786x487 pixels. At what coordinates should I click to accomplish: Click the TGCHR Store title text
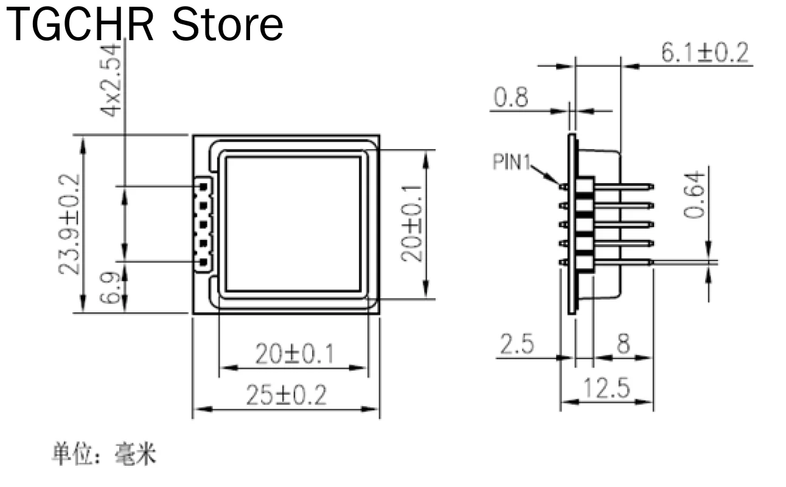145,25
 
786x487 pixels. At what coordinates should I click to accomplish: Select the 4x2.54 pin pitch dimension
111,80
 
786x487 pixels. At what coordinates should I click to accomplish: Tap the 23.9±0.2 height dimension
69,225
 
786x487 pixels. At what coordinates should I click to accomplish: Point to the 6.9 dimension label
110,287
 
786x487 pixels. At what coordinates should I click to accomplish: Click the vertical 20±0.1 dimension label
412,223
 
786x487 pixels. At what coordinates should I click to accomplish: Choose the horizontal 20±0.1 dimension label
294,354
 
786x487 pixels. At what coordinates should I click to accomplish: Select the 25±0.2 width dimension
287,395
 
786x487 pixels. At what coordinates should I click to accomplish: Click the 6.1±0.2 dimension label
705,53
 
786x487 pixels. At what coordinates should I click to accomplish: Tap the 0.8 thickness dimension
510,97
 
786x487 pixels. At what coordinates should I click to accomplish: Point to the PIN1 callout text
511,162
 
